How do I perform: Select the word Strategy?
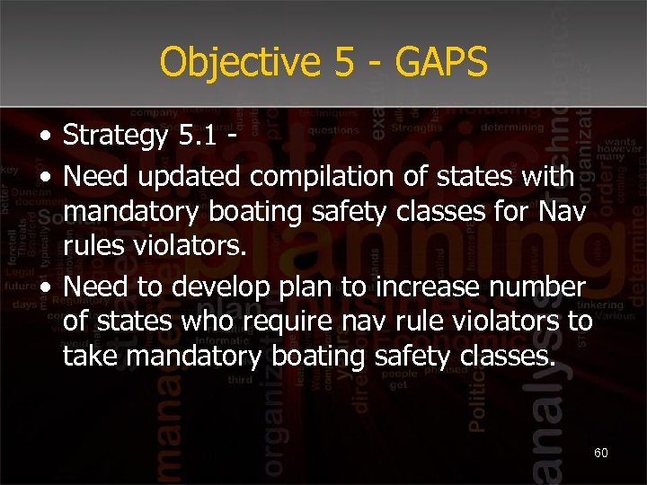point(116,137)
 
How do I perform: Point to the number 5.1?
point(197,137)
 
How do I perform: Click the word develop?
point(208,287)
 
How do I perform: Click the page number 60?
point(601,453)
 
